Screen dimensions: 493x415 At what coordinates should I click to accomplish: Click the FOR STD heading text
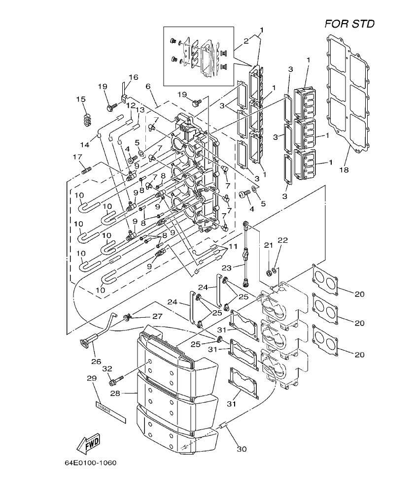pos(349,24)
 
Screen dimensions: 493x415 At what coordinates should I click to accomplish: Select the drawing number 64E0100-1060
pos(91,463)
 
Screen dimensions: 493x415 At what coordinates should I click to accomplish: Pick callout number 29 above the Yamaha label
pos(91,378)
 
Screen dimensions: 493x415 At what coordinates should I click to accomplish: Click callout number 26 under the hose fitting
pos(96,361)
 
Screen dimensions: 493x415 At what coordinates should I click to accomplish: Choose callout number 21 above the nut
pos(268,245)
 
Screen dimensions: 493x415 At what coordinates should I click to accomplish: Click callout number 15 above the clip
pos(81,100)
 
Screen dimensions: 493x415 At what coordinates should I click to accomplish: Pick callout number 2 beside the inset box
pos(246,42)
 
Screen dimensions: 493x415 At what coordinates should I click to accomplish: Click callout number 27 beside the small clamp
pos(156,316)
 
